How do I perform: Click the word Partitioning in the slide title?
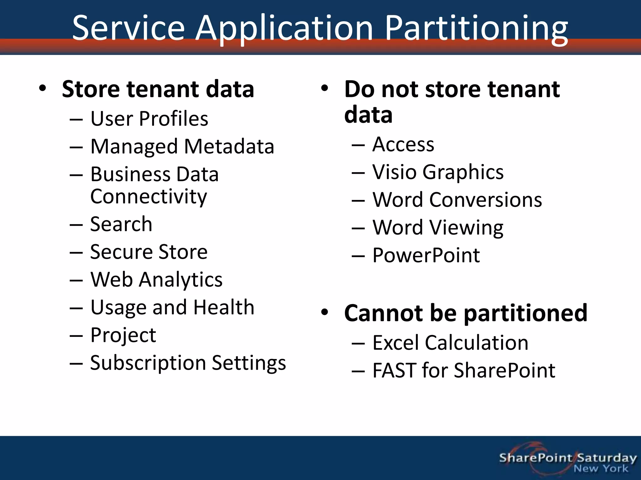[476, 29]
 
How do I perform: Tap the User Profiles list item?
[149, 119]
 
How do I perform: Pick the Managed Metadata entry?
[182, 147]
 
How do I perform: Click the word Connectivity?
[149, 197]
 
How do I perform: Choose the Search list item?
[121, 224]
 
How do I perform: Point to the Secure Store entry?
[149, 252]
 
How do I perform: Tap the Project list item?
[123, 335]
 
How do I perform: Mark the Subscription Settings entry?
[188, 363]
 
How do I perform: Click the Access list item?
[403, 144]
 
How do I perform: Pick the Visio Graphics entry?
[438, 172]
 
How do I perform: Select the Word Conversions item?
[457, 200]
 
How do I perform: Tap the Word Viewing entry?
[438, 227]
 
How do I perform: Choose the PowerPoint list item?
[426, 255]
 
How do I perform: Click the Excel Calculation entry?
[450, 343]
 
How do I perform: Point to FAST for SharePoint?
[464, 371]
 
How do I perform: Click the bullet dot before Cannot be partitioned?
[325, 312]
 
